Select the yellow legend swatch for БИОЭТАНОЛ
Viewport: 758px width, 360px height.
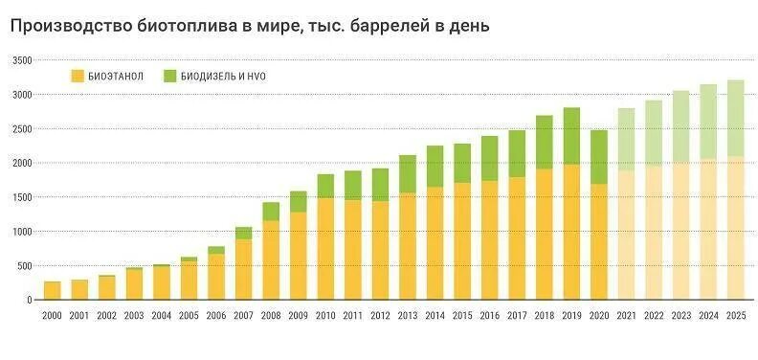click(x=78, y=76)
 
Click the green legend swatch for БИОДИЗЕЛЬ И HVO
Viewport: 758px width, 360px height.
click(x=170, y=76)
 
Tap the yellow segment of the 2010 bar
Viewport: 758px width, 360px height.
click(x=325, y=249)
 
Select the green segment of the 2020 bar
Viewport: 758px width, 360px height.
click(x=599, y=157)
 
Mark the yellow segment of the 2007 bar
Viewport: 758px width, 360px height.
click(x=243, y=269)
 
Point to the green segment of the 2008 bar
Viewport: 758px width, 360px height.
click(x=271, y=212)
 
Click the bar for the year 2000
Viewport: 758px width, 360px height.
click(x=52, y=290)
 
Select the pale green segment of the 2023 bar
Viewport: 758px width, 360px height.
click(x=680, y=126)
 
